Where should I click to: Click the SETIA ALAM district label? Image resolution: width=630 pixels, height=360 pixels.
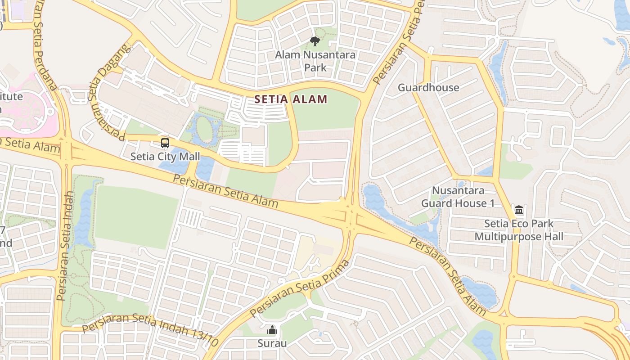pos(291,99)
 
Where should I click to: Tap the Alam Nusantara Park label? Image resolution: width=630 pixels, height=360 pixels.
pos(315,61)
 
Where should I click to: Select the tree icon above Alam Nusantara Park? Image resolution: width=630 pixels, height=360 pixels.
pos(315,41)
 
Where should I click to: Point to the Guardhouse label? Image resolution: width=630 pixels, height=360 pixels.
pos(428,88)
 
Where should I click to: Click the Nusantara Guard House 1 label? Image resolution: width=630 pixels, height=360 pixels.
pos(458,197)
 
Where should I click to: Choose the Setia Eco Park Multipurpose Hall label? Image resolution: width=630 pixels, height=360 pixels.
pos(519,230)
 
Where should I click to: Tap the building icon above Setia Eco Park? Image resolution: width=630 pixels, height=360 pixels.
pos(519,210)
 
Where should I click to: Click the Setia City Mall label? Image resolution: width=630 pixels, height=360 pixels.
pos(165,157)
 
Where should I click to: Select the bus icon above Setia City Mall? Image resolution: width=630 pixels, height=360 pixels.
pos(165,143)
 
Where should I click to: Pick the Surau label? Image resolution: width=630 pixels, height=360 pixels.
pos(272,343)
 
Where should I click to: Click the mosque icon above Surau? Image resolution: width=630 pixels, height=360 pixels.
pos(272,330)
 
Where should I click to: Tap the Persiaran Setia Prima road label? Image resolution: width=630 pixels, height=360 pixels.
pos(300,288)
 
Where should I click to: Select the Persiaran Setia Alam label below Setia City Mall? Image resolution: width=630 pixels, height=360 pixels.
pos(225,191)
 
